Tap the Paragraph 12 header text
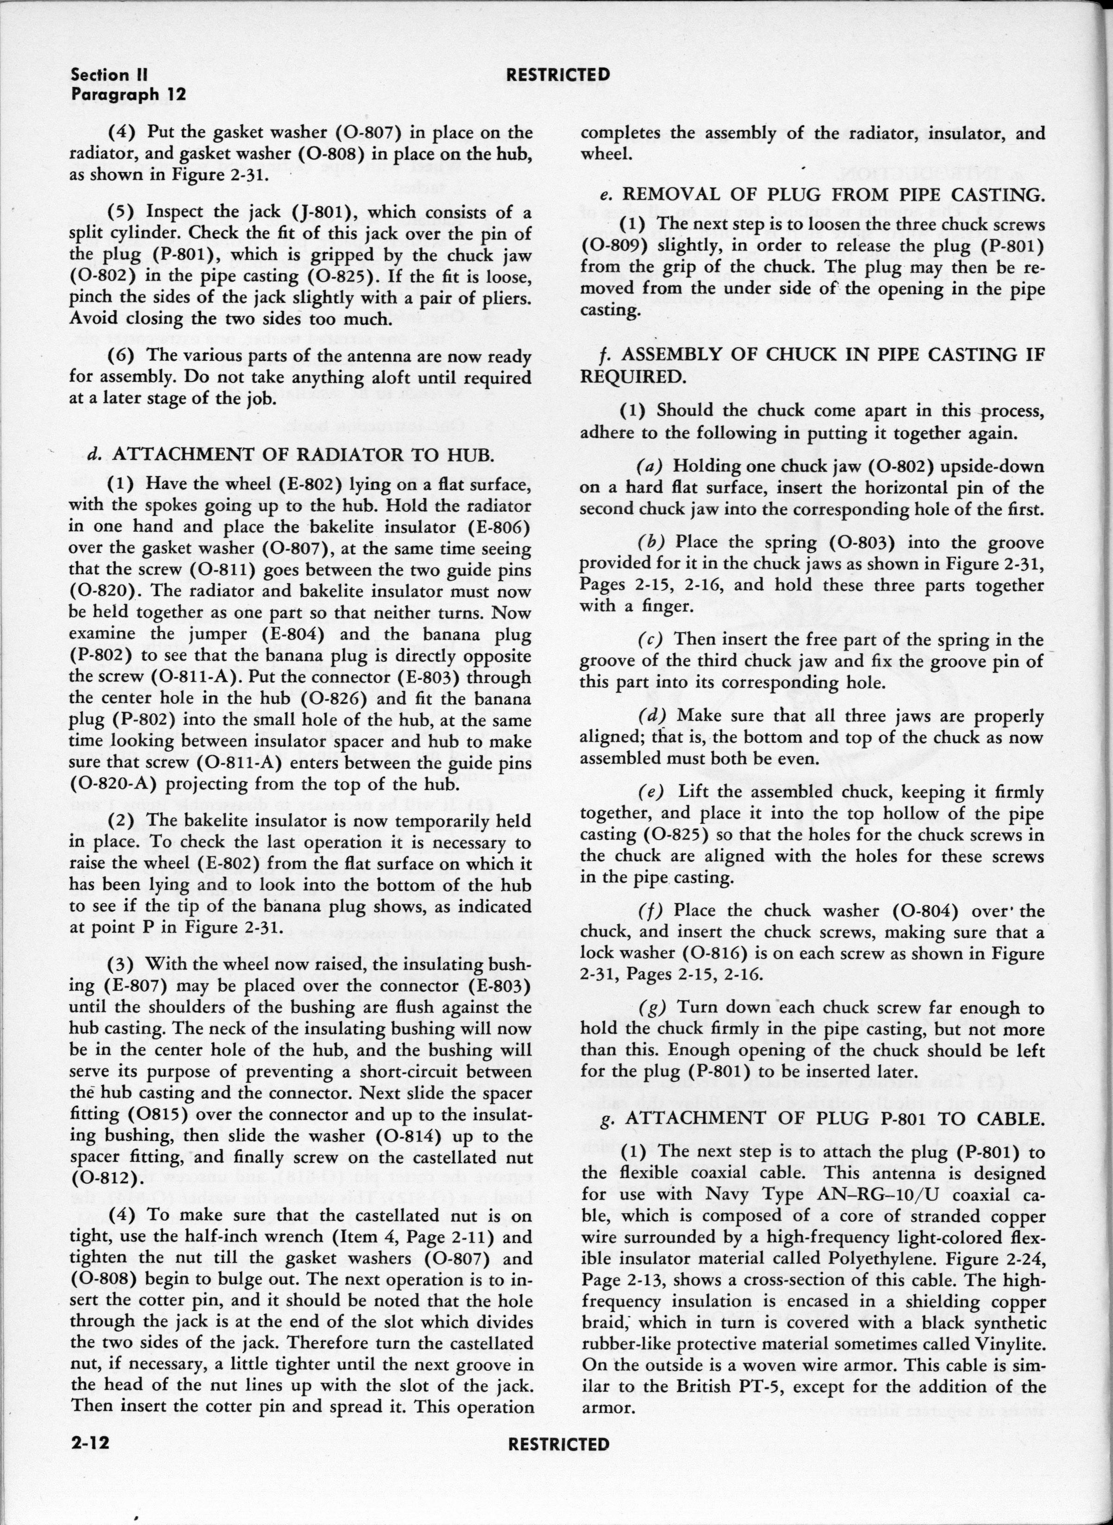coord(128,95)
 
